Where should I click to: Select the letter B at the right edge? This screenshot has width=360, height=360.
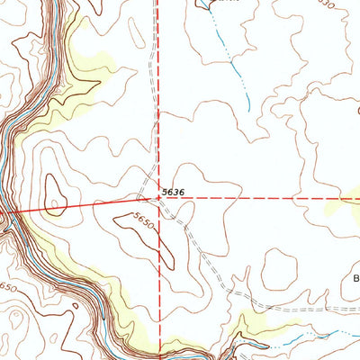pos(355,278)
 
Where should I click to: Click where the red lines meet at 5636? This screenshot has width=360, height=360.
pos(159,195)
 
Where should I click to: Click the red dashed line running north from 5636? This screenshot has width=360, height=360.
pos(160,90)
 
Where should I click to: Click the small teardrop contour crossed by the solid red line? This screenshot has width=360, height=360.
pos(54,194)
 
